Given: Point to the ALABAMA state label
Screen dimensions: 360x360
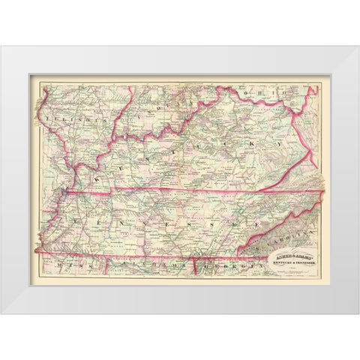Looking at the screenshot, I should point(150,265).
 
